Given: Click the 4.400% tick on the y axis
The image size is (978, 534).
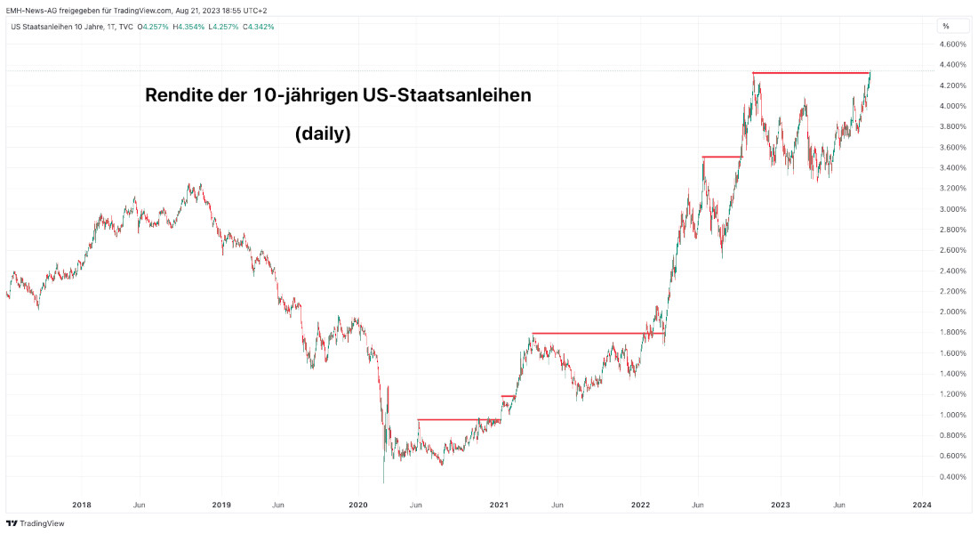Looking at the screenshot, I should point(953,65).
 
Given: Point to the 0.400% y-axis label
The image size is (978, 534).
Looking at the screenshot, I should point(953,477).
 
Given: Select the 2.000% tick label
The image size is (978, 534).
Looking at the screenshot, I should point(953,312).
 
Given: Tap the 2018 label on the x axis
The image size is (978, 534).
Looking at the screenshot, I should point(82,505).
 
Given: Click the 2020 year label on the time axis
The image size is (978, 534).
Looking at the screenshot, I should point(359,505).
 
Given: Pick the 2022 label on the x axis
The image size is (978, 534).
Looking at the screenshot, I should point(641,505).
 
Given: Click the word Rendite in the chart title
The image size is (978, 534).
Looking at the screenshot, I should point(180,96).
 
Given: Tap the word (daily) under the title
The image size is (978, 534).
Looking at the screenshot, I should point(323,134).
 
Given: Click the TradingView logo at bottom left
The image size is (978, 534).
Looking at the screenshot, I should point(36,523).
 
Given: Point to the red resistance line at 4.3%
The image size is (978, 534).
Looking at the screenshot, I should point(810,72).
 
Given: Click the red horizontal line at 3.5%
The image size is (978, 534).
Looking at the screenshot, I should point(722,157).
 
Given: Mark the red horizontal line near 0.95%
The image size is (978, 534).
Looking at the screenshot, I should point(459,419).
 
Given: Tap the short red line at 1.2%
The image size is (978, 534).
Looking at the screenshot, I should point(508,395).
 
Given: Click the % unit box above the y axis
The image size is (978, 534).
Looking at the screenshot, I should point(946,26).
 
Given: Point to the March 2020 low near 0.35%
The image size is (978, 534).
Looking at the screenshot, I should point(383,481).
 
